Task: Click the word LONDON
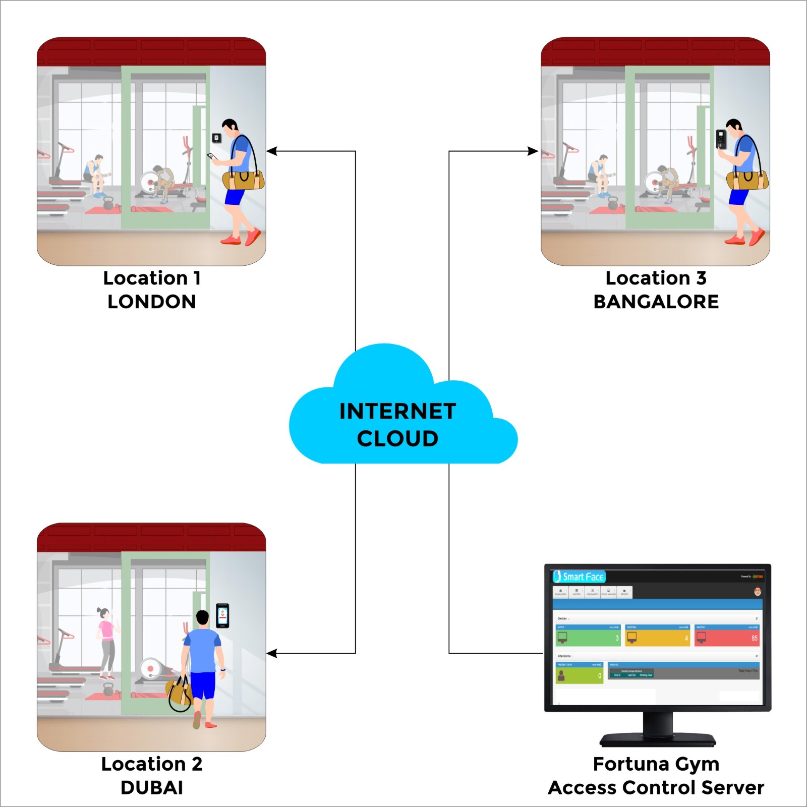[151, 302]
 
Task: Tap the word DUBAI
[151, 787]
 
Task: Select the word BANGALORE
[656, 302]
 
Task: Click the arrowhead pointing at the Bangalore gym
[533, 151]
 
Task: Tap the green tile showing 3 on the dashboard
[588, 636]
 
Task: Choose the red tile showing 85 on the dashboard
[726, 636]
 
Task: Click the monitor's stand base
[657, 740]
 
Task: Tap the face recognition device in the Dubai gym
[222, 615]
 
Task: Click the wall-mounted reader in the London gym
[216, 138]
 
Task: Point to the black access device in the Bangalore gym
[721, 139]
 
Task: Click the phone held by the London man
[211, 156]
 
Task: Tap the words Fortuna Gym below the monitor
[656, 764]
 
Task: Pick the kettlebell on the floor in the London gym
[108, 203]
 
